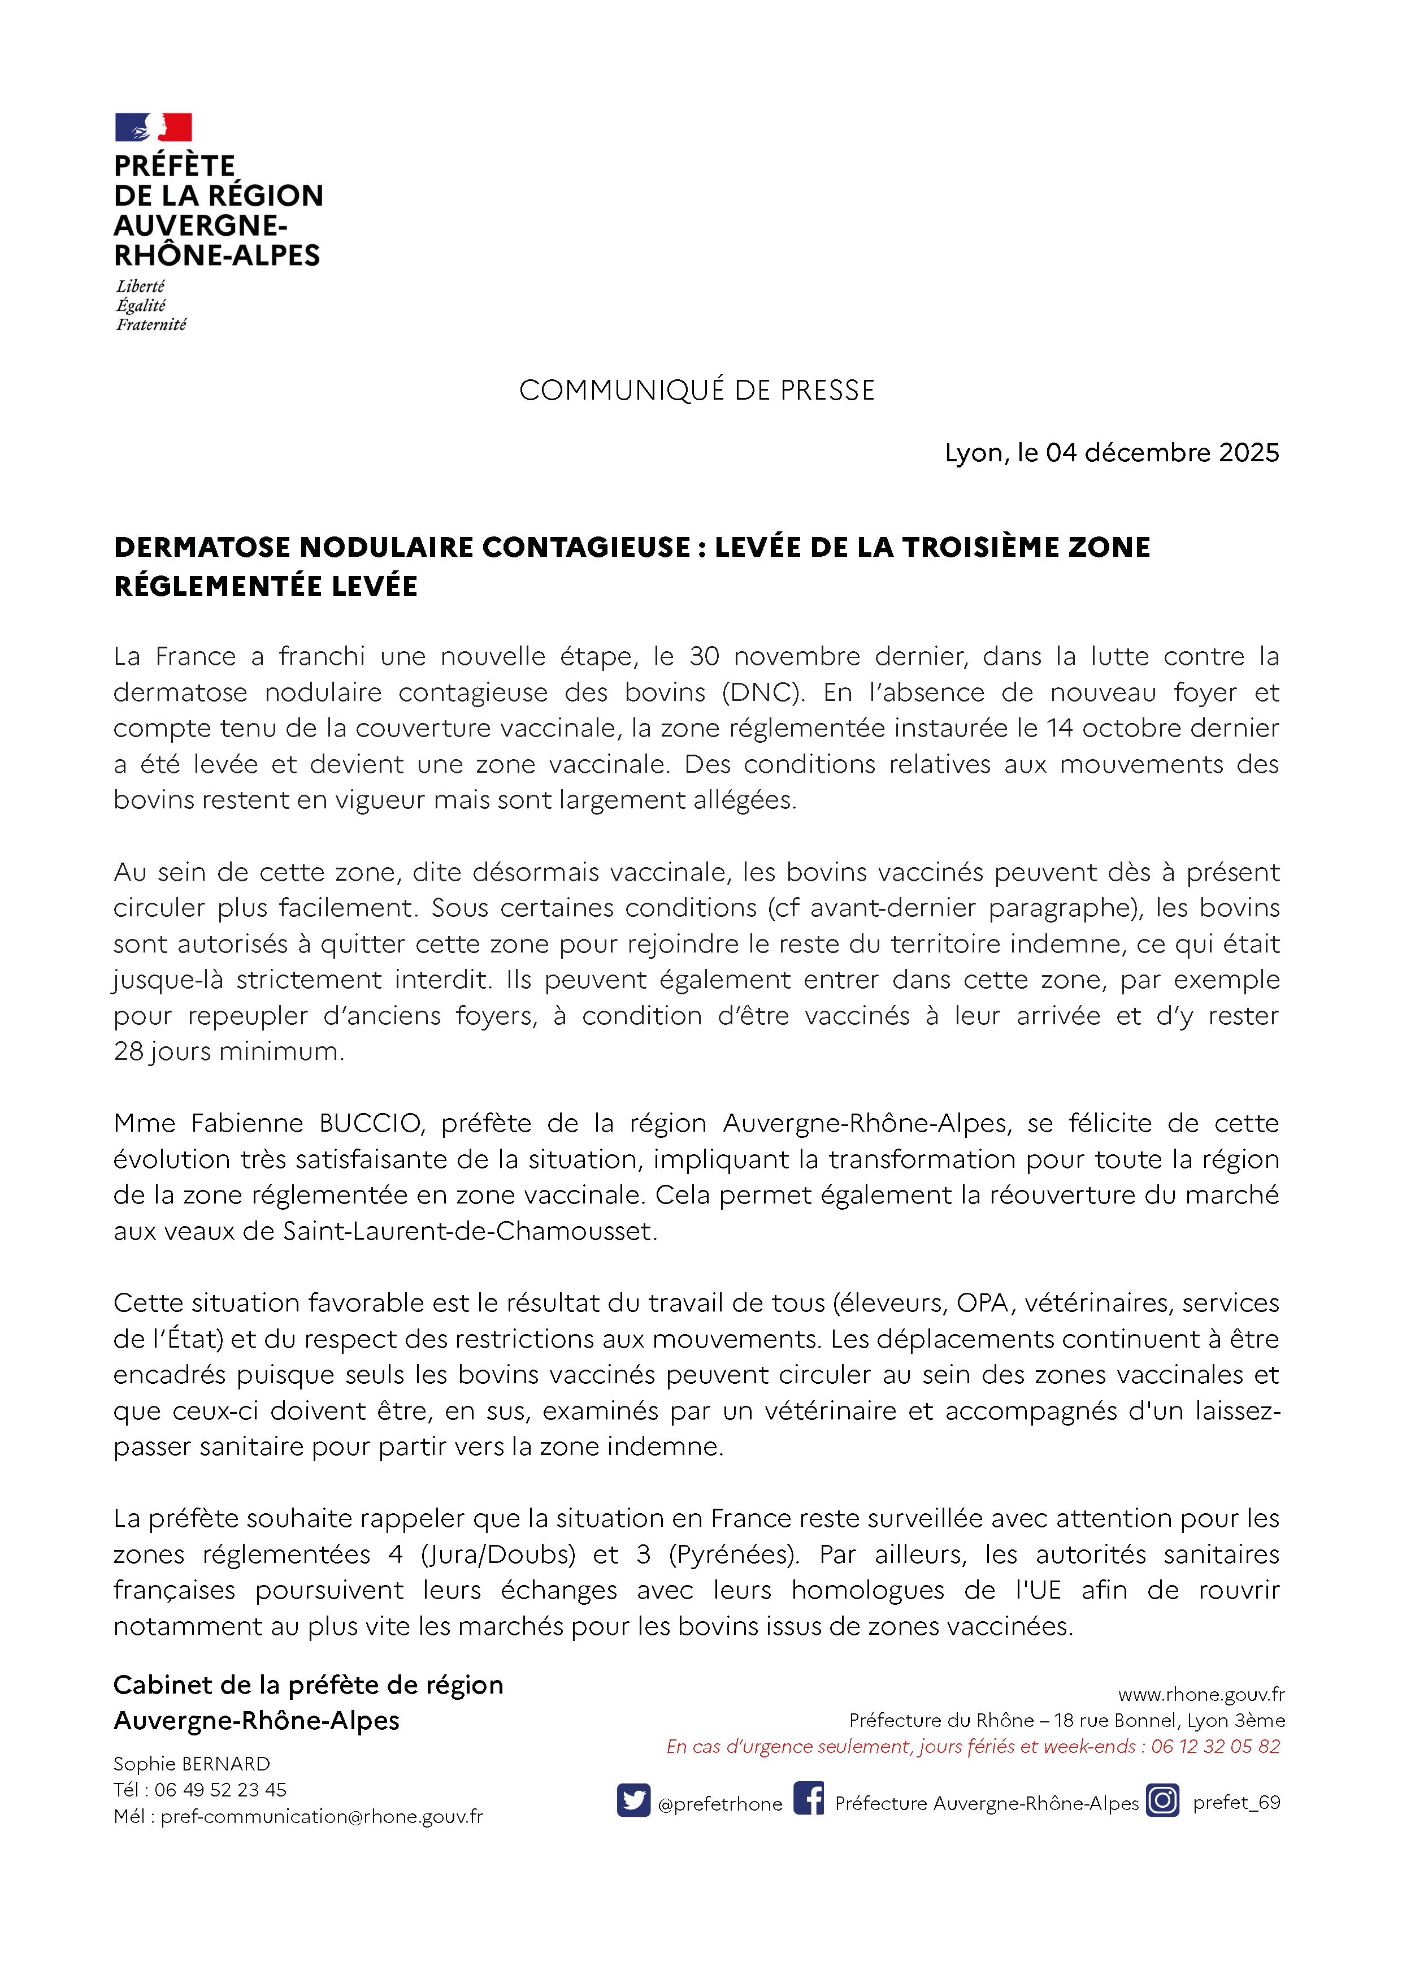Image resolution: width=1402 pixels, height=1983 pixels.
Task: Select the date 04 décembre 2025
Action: click(1162, 453)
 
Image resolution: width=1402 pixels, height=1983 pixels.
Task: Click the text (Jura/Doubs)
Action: click(497, 1554)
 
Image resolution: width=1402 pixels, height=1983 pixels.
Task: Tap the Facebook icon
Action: click(808, 1799)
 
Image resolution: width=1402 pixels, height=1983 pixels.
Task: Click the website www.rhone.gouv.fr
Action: click(1201, 1695)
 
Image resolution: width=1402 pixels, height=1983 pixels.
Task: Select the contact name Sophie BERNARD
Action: click(192, 1764)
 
